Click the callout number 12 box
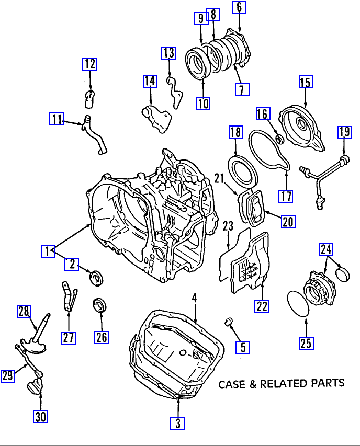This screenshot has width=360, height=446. [89, 64]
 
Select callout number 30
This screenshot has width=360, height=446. [40, 416]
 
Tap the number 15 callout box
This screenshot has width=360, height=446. [306, 82]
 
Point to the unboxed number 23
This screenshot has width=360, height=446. [228, 226]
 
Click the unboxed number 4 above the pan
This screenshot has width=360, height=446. [194, 298]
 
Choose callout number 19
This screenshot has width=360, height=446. [345, 132]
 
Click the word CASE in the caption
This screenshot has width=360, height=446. [232, 384]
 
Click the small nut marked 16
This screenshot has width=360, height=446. [280, 139]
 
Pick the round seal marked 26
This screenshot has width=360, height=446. [100, 305]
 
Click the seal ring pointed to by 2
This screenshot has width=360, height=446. [96, 277]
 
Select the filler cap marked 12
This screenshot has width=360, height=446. [89, 99]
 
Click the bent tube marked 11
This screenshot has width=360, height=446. [93, 134]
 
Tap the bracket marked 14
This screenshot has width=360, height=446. [157, 119]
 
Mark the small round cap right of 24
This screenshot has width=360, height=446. [342, 273]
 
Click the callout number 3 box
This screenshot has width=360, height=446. [177, 423]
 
